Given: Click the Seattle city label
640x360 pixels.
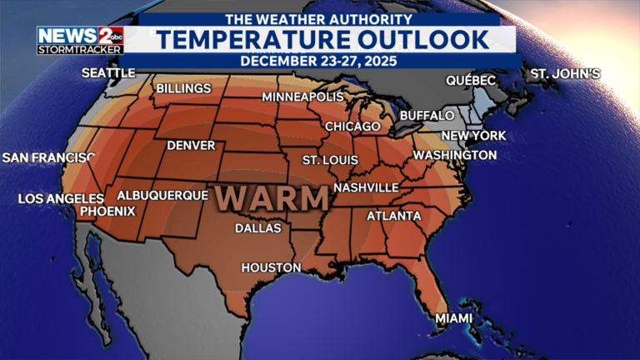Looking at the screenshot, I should [108, 73].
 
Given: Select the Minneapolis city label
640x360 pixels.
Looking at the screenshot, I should [302, 97].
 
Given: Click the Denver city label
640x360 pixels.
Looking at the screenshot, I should [191, 145].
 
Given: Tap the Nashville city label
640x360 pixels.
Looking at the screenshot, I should [366, 187].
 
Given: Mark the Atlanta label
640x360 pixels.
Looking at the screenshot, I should [394, 216].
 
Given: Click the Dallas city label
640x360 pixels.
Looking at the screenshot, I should [257, 227].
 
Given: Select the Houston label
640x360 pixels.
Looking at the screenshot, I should [271, 267].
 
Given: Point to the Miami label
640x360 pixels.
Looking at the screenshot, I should [453, 318].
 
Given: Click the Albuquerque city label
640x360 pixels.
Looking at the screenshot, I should [162, 195].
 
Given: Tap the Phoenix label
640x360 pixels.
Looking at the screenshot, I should [107, 211].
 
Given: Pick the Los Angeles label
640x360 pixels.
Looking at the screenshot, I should [61, 198].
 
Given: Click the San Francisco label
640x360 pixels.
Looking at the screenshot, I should [49, 157].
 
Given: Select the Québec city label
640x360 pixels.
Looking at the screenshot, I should [471, 80].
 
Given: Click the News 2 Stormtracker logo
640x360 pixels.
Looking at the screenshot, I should [80, 40].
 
